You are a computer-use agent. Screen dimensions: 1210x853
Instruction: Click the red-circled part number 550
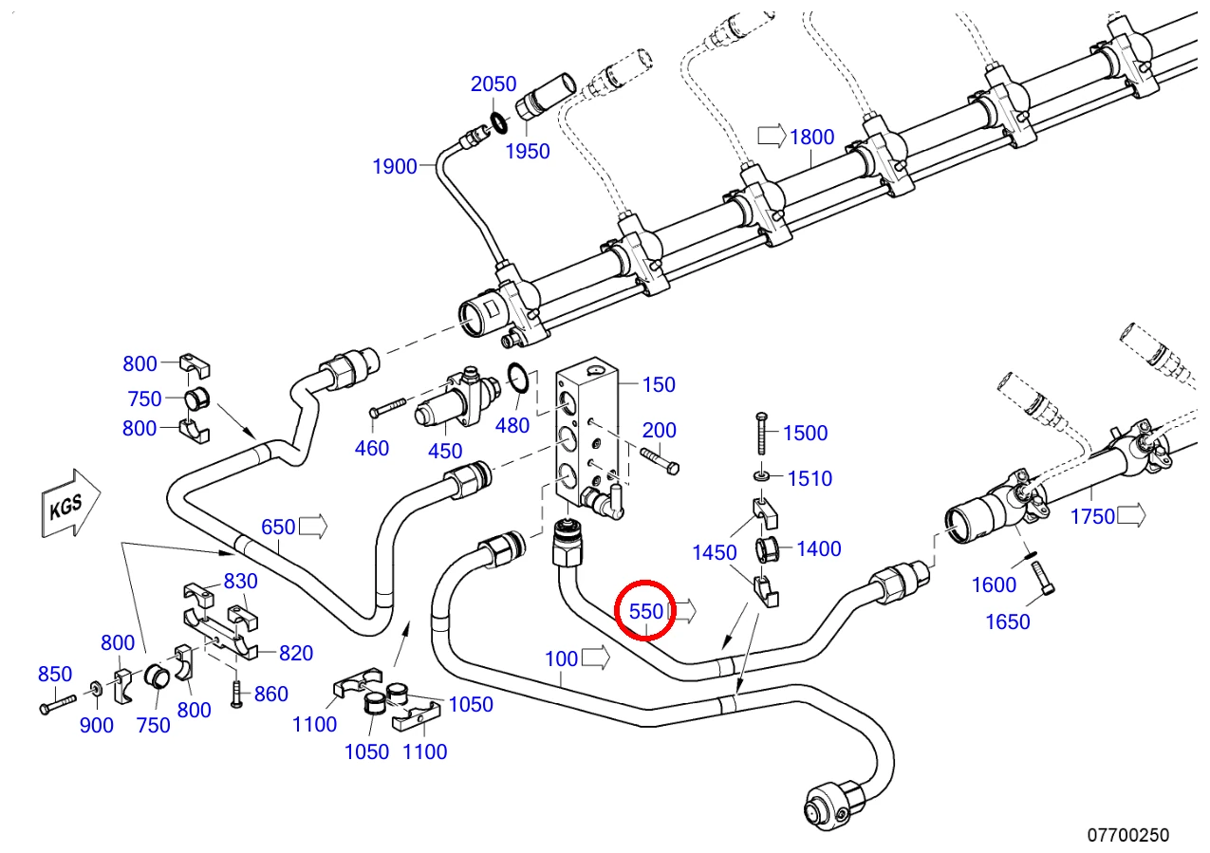pyautogui.click(x=645, y=612)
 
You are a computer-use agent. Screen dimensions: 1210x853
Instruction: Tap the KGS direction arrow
pyautogui.click(x=71, y=504)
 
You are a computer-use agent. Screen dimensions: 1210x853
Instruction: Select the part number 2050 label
pyautogui.click(x=493, y=84)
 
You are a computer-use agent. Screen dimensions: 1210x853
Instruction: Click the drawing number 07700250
pyautogui.click(x=1127, y=835)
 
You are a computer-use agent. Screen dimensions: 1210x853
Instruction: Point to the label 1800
pyautogui.click(x=812, y=138)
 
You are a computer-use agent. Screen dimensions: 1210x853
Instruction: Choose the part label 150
pyautogui.click(x=659, y=384)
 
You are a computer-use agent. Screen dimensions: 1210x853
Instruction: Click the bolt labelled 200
pyautogui.click(x=660, y=460)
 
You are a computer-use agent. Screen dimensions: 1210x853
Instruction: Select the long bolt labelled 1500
pyautogui.click(x=762, y=434)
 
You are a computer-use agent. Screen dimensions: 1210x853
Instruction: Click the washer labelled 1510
pyautogui.click(x=761, y=476)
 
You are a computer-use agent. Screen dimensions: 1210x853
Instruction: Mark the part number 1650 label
pyautogui.click(x=1008, y=621)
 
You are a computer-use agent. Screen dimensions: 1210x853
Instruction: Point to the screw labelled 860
pyautogui.click(x=236, y=694)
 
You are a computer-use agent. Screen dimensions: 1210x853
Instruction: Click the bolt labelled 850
pyautogui.click(x=58, y=704)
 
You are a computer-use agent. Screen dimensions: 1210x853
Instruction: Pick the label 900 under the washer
pyautogui.click(x=96, y=725)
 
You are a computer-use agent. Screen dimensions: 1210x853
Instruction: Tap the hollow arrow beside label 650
pyautogui.click(x=313, y=526)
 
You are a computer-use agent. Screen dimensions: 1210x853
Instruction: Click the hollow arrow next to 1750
pyautogui.click(x=1131, y=515)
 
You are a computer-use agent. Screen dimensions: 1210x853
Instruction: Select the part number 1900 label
pyautogui.click(x=395, y=166)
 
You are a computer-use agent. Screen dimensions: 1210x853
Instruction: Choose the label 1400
pyautogui.click(x=819, y=548)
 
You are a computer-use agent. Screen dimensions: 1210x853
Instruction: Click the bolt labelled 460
pyautogui.click(x=388, y=407)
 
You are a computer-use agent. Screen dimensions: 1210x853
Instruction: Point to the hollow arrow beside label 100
pyautogui.click(x=596, y=658)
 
